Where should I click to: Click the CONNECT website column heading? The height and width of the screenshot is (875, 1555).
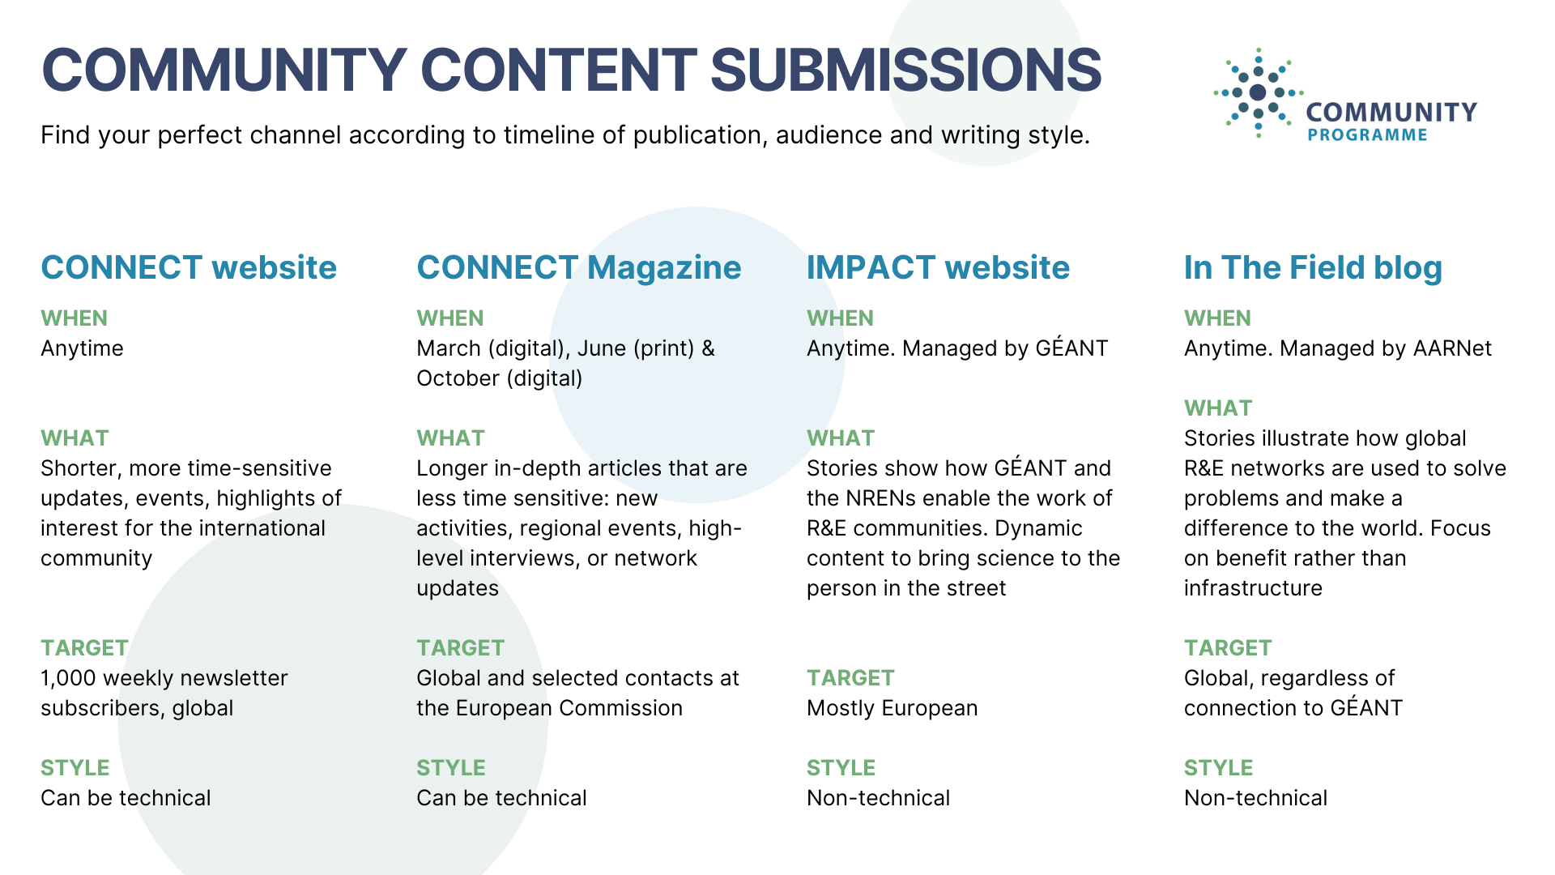pos(189,267)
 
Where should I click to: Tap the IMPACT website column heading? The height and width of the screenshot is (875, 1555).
pos(938,267)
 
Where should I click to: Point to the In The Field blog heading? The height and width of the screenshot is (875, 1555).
pos(1313,268)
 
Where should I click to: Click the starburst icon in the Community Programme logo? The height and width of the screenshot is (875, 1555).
pos(1258,92)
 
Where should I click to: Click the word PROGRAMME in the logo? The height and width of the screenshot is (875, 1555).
pos(1367,135)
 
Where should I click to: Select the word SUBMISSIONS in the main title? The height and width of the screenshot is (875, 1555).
pos(905,70)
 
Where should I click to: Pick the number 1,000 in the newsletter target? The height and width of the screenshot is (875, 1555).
pos(68,679)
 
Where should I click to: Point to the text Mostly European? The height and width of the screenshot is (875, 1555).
pos(892,709)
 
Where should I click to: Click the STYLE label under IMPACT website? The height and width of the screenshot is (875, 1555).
pos(841,768)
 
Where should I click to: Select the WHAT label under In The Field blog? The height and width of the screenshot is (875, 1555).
pos(1218,408)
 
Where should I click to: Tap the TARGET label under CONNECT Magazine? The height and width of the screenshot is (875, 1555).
pos(460,648)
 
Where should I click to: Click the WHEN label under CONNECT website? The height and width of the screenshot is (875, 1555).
pos(74,318)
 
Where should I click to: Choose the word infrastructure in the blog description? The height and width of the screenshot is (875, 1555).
pos(1253,588)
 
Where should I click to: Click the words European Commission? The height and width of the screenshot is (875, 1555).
pos(569,708)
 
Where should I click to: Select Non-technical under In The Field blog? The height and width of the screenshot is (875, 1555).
pos(1255,798)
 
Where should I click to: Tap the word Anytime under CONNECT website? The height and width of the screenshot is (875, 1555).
pos(82,349)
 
